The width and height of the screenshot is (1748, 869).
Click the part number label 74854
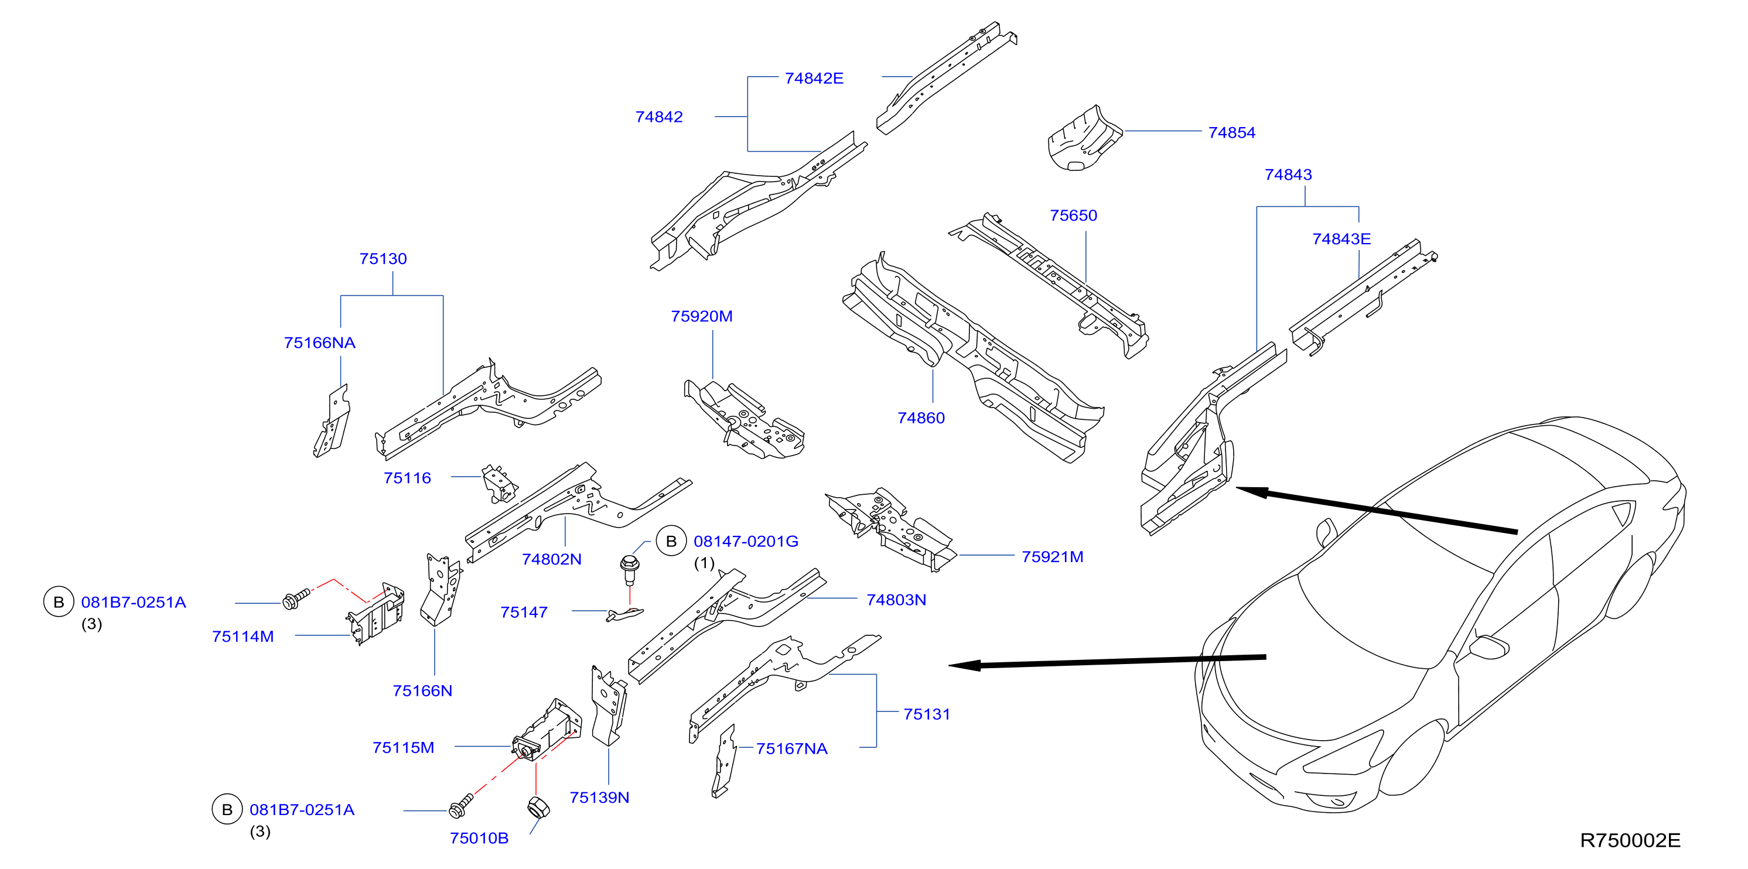1231,133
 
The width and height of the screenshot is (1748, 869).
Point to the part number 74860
921,418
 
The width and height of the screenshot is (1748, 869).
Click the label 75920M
702,316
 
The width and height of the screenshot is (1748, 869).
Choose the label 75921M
1053,557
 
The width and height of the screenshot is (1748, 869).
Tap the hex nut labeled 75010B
538,808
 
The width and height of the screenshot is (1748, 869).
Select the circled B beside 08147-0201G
671,541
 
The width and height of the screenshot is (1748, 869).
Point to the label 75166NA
320,343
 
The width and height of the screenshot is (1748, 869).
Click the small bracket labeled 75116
500,484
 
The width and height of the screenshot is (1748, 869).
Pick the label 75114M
243,637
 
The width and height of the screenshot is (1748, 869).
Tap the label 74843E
1341,239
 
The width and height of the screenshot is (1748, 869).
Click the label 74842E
814,78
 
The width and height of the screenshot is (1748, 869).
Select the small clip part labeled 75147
624,615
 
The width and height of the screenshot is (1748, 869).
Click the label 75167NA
791,749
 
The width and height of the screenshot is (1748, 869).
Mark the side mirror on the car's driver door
1490,646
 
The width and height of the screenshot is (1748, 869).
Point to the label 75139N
599,798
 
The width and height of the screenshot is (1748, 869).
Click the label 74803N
896,600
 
